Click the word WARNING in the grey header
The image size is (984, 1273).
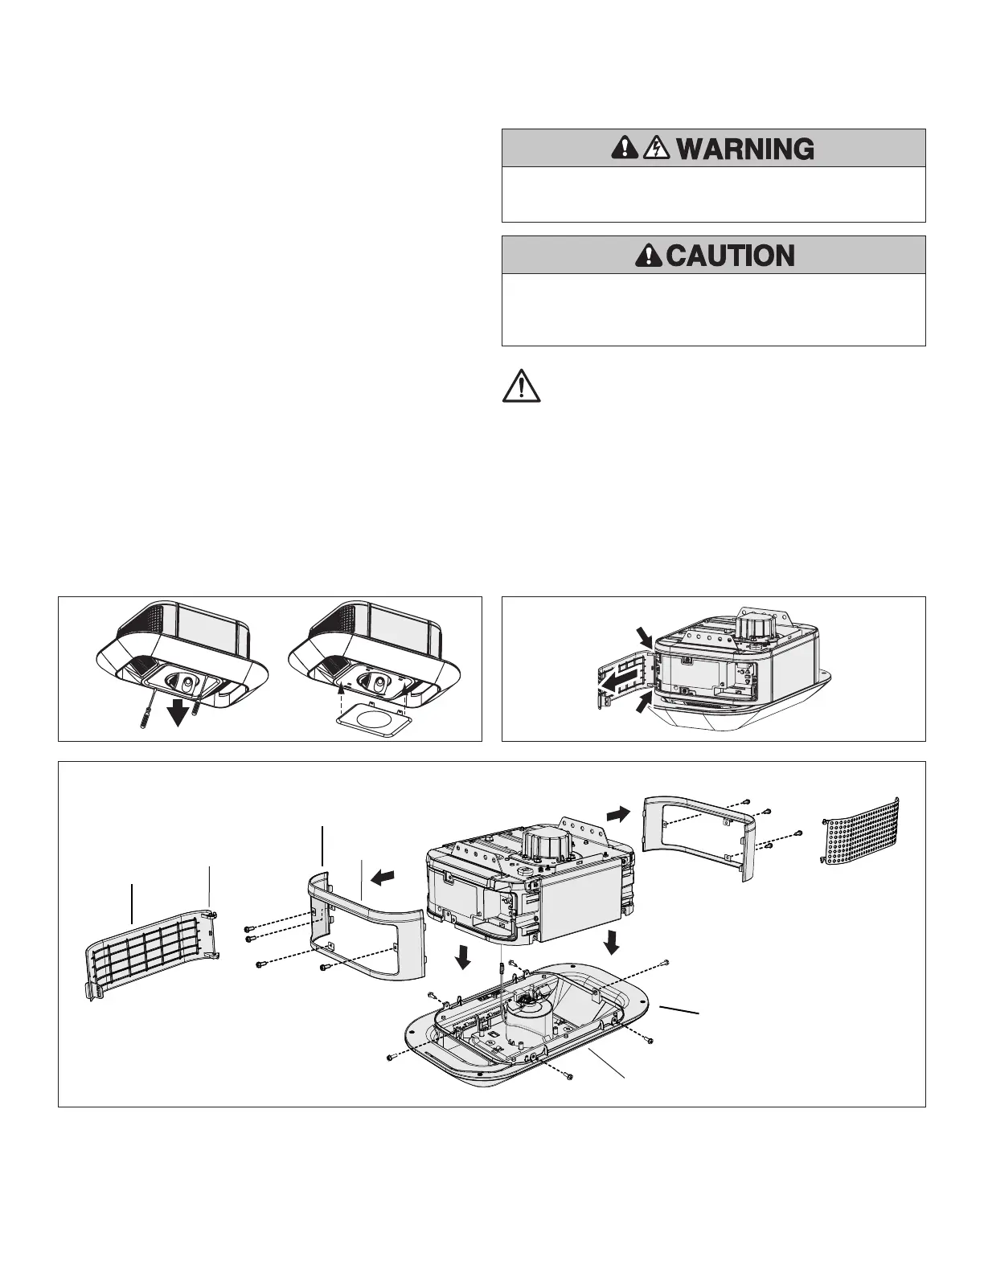coord(745,149)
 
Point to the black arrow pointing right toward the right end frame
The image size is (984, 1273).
coord(619,814)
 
